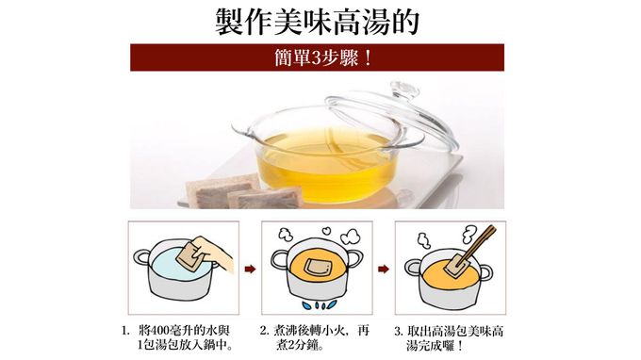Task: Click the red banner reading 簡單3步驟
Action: tap(317, 57)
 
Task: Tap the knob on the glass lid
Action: tap(403, 90)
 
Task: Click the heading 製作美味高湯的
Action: tap(317, 22)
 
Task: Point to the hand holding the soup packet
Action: tap(213, 253)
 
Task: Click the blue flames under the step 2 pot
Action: tap(320, 304)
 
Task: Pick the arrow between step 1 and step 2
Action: tap(250, 269)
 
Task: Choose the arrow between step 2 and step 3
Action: tap(383, 269)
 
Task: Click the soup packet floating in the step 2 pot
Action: tap(319, 267)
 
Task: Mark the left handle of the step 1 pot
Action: tap(141, 257)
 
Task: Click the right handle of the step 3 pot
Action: tap(485, 271)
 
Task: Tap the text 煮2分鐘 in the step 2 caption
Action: tap(300, 346)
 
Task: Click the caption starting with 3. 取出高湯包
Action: tap(449, 338)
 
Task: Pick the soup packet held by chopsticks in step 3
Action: tap(457, 266)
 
